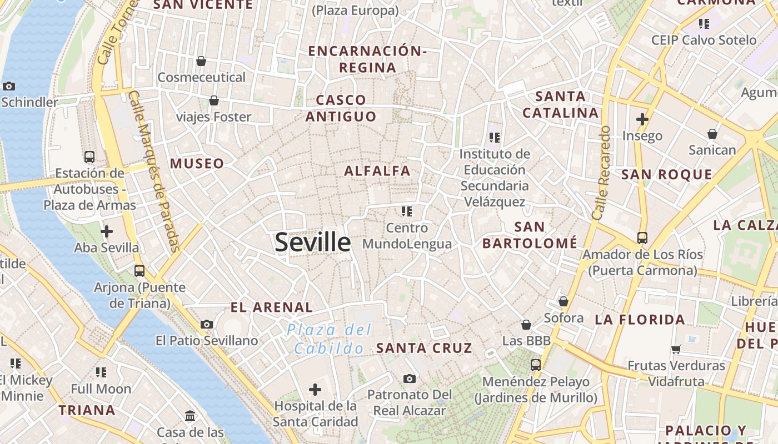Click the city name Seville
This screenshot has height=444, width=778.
(x=313, y=243)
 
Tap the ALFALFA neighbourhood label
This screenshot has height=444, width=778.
(x=377, y=170)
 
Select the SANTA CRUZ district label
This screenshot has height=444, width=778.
(x=424, y=349)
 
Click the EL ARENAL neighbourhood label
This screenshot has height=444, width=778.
(x=272, y=307)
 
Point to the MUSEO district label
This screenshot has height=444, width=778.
(x=197, y=164)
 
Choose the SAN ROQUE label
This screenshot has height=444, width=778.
(x=666, y=175)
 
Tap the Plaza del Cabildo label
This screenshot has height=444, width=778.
(x=329, y=339)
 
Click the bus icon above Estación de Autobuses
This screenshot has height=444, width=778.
(x=89, y=157)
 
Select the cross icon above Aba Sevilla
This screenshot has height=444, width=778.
(x=106, y=231)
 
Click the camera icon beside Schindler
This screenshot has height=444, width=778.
(x=9, y=86)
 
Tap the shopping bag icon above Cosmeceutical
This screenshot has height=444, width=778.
(x=201, y=61)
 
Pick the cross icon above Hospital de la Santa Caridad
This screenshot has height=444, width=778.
(x=315, y=390)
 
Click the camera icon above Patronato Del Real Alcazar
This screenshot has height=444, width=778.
(x=410, y=379)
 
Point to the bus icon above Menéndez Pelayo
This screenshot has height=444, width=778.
(x=536, y=365)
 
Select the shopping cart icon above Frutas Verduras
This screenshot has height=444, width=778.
(x=676, y=349)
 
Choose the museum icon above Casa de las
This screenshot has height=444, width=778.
(x=190, y=416)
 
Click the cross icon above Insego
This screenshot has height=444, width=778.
(x=642, y=119)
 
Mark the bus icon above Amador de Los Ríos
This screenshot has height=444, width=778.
(x=642, y=238)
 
